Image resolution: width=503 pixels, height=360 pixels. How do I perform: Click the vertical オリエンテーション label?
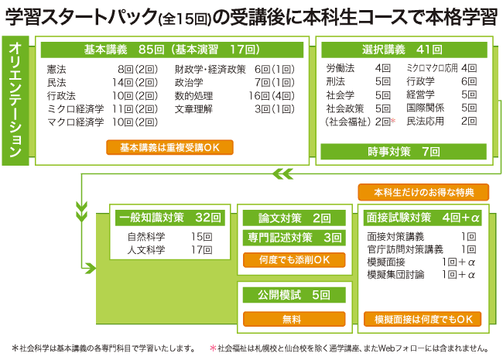16,98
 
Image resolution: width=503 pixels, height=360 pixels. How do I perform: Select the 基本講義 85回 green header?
172,50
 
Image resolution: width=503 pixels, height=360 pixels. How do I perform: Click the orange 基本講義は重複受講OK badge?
172,147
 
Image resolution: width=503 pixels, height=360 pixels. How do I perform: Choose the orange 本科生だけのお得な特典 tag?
423,192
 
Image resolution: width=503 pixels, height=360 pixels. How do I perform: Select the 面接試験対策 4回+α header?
423,217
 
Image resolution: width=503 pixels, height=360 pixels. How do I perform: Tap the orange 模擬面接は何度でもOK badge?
423,318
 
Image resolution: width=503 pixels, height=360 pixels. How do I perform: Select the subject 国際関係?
425,108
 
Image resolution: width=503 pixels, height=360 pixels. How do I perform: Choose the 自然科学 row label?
146,236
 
